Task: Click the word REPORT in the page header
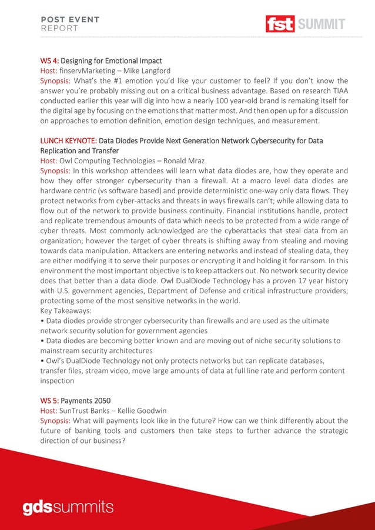click(59, 28)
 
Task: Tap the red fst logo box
click(280, 24)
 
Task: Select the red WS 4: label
click(49, 61)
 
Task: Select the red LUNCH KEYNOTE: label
click(68, 140)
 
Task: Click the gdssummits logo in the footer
click(68, 506)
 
